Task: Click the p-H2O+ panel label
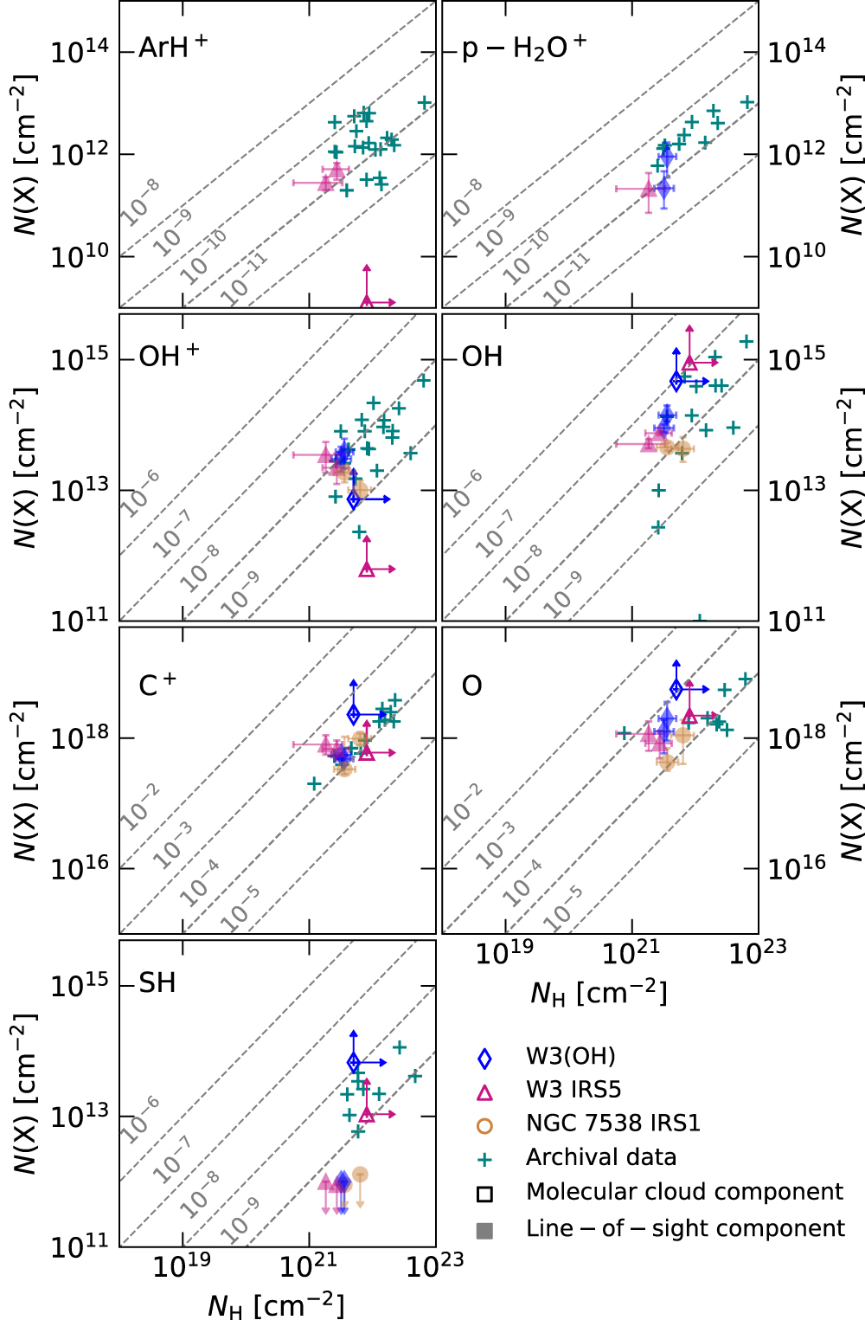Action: (x=523, y=48)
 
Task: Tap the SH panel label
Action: (x=157, y=982)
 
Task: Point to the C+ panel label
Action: (x=157, y=685)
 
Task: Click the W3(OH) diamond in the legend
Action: (x=485, y=1058)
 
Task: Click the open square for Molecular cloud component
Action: (x=485, y=1194)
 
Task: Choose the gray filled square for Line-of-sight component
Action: (x=485, y=1230)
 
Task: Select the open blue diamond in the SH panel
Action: (x=353, y=1062)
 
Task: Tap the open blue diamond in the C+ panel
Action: (x=353, y=714)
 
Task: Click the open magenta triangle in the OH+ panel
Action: (x=367, y=569)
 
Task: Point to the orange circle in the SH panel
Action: (x=360, y=1175)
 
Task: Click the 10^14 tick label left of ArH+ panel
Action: (x=79, y=50)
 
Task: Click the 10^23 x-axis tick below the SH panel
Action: (x=434, y=1265)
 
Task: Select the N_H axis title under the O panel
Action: (x=599, y=993)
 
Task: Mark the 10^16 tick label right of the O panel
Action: (x=797, y=867)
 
